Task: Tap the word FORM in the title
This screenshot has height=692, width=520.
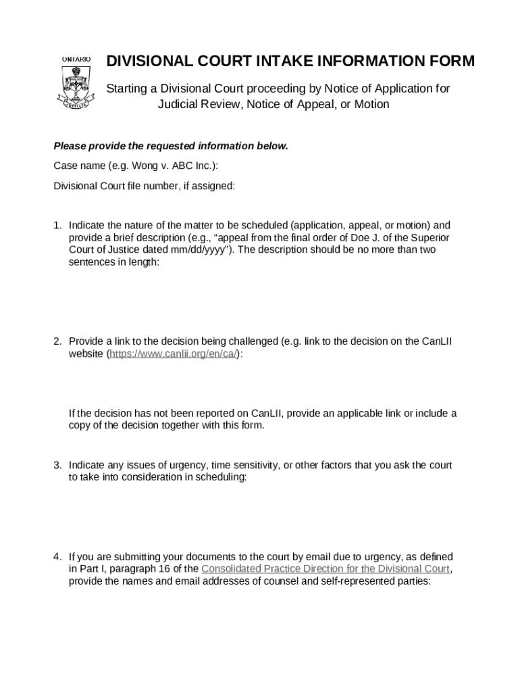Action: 450,61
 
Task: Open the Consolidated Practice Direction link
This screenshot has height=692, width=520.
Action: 326,568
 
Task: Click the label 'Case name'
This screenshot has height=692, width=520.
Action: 78,166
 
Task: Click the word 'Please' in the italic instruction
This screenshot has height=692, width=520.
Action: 70,147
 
